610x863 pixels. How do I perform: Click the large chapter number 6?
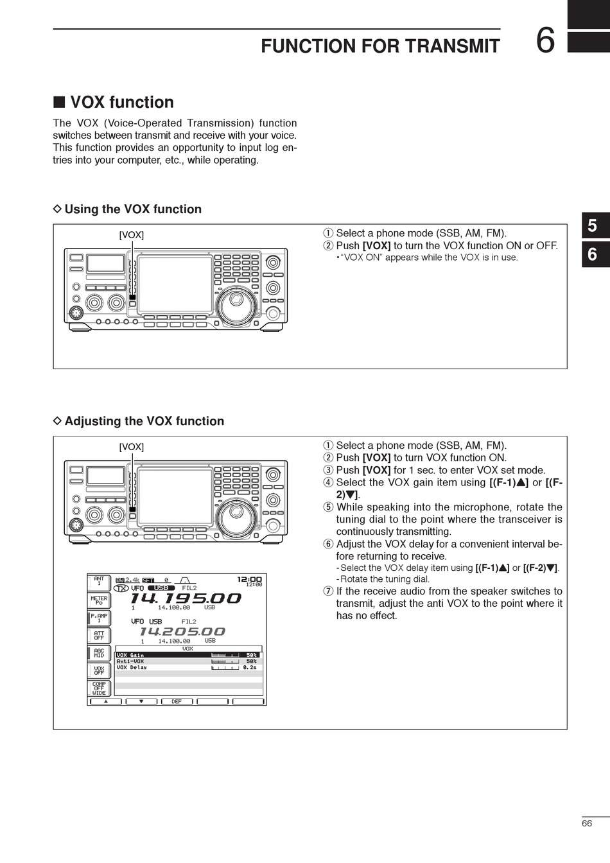click(545, 40)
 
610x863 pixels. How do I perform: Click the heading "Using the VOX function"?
click(132, 209)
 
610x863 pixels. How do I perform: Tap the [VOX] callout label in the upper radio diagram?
click(132, 235)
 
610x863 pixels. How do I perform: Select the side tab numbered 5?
click(593, 225)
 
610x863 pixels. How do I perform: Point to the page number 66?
click(587, 823)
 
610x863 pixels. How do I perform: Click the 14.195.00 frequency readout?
click(186, 598)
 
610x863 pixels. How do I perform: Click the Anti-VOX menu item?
click(130, 661)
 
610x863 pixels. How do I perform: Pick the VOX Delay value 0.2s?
click(250, 668)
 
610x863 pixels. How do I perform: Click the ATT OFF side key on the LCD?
click(99, 636)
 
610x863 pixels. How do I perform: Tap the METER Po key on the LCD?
click(99, 601)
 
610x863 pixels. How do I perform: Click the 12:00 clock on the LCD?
click(249, 579)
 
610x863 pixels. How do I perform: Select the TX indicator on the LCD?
click(121, 588)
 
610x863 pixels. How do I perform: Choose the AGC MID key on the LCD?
click(99, 653)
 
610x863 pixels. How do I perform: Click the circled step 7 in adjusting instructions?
click(328, 591)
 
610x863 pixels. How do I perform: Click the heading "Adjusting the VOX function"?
click(144, 421)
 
